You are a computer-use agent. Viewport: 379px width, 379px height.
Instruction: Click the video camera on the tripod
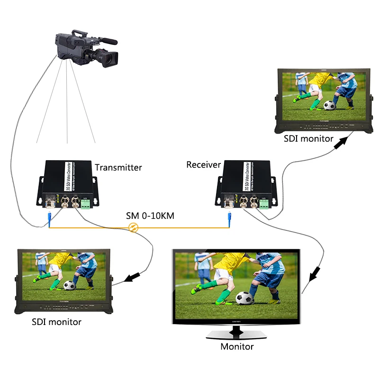(85, 47)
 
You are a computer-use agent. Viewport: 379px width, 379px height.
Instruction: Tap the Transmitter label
(118, 167)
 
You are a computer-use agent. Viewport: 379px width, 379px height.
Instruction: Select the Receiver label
(203, 165)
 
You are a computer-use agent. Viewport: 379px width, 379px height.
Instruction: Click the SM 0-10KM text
(150, 216)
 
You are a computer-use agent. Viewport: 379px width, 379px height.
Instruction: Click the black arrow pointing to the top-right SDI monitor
(339, 143)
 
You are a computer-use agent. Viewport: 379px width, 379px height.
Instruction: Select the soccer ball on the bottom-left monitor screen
(70, 286)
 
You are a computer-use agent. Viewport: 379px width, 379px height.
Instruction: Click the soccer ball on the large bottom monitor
(244, 298)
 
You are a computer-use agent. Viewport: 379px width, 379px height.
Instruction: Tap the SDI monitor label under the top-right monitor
(308, 139)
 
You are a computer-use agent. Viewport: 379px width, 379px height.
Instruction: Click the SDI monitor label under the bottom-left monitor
(56, 322)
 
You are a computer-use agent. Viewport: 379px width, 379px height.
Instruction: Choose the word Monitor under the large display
(237, 346)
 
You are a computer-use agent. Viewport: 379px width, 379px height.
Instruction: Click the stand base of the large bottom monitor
(237, 334)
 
